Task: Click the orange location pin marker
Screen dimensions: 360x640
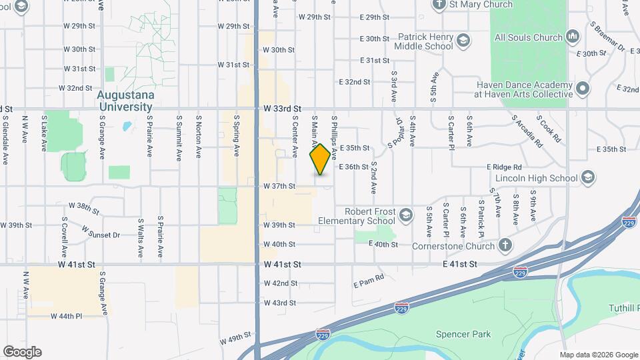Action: click(x=321, y=159)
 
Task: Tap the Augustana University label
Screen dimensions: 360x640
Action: click(x=125, y=100)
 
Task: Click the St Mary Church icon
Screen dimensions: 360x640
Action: click(x=439, y=5)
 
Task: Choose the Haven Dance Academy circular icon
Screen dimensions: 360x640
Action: click(x=583, y=89)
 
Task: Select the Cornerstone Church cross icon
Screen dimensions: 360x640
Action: click(x=506, y=246)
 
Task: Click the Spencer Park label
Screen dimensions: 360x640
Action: click(x=463, y=334)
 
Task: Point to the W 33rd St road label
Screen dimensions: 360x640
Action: click(x=282, y=108)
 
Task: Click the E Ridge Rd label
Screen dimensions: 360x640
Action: click(x=503, y=167)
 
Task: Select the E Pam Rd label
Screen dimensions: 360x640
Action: click(x=369, y=281)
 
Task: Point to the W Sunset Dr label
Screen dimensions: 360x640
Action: click(x=101, y=232)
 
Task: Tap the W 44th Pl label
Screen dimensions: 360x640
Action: click(x=65, y=316)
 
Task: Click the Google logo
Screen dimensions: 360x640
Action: click(x=22, y=351)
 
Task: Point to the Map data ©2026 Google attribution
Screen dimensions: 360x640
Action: click(x=599, y=355)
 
